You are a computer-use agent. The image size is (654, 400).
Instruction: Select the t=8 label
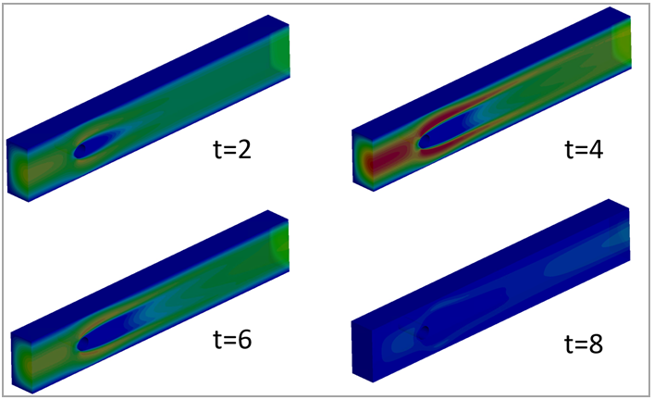(x=584, y=344)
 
